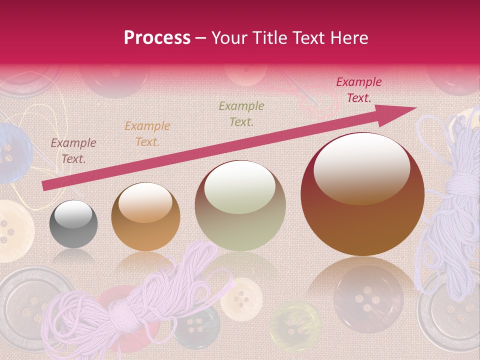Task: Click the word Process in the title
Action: (157, 37)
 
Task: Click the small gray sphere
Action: (73, 224)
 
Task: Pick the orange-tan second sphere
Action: (145, 216)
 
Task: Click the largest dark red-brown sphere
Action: (362, 195)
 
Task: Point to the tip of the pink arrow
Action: (415, 108)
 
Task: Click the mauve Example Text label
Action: (73, 151)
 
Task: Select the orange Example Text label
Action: (147, 134)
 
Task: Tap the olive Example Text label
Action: (241, 113)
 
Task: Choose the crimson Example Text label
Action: (358, 90)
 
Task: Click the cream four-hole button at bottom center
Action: (241, 299)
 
